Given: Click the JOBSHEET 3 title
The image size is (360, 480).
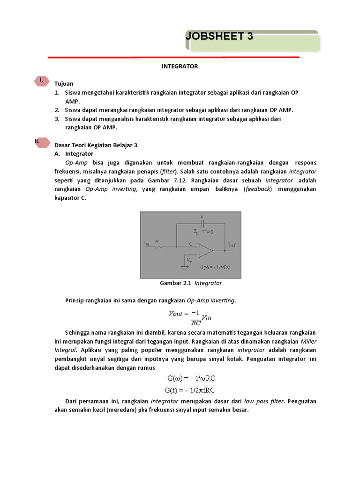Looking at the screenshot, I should tap(219, 36).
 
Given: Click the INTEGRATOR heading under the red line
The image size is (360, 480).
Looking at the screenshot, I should tap(180, 66).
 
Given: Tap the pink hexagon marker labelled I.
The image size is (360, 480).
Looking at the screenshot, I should tap(42, 80).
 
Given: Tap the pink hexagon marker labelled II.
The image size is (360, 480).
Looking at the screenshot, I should tap(42, 142).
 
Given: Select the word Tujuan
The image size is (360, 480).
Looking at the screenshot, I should tap(64, 83).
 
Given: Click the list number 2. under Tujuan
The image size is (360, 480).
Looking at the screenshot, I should tap(56, 110).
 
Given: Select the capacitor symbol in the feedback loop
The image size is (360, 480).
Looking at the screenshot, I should tap(202, 224).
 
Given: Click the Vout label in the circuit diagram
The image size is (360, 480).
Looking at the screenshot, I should tap(232, 244).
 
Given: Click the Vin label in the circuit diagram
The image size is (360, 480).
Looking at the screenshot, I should tap(146, 242).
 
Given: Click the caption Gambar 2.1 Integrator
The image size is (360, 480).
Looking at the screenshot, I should tap(191, 283).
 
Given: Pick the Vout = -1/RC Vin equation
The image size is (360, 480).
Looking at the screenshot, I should tap(190, 317).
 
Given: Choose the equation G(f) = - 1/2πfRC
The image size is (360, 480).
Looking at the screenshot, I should tap(190, 390).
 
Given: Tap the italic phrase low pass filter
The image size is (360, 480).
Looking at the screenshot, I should tap(264, 401).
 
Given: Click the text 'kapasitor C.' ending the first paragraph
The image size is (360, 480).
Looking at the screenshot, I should tap(70, 198).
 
